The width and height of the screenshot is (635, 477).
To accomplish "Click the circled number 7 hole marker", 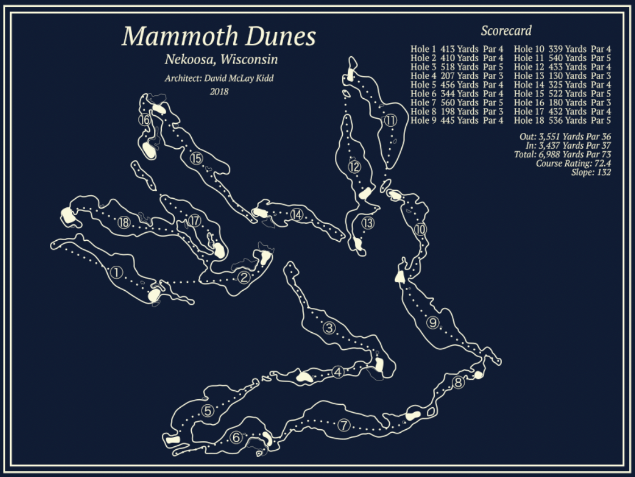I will [344, 425].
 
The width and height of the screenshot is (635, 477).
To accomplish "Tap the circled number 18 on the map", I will [123, 223].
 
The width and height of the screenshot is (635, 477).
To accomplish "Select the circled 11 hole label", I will [390, 120].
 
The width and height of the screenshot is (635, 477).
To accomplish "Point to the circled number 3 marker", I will [329, 328].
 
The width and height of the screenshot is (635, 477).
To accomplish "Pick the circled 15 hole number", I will [196, 158].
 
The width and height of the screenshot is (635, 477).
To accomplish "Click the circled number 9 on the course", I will [434, 323].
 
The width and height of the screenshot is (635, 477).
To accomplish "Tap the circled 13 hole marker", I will [368, 223].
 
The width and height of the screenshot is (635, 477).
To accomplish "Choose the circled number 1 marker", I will [116, 273].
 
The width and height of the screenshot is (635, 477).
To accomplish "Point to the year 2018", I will [219, 91].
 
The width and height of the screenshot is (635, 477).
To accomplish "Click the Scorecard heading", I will [506, 31].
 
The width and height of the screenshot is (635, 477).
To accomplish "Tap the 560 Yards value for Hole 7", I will [460, 103].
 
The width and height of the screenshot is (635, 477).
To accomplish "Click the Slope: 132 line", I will [591, 173].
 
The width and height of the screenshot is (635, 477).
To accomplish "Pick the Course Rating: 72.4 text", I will [573, 164].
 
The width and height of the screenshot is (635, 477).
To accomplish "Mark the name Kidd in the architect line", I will [263, 78].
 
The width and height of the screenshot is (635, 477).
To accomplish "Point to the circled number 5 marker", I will [208, 411].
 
